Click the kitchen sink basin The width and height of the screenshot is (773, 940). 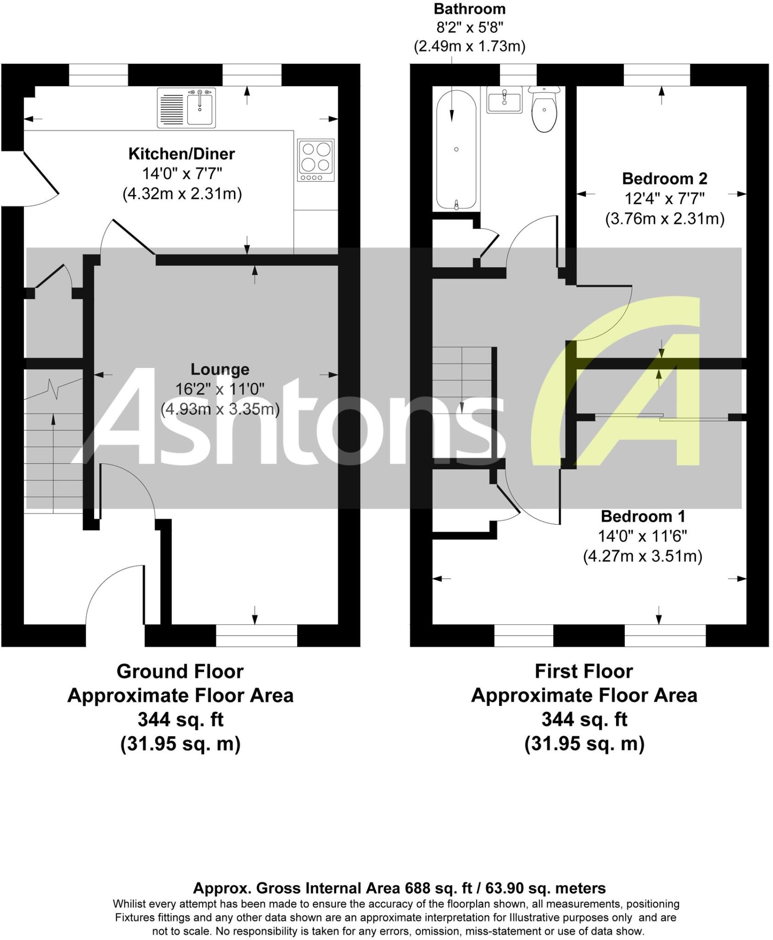coord(200,108)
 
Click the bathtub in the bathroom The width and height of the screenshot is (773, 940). coord(456,149)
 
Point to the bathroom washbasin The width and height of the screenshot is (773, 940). coord(504,100)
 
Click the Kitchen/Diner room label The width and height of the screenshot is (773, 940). coord(182,154)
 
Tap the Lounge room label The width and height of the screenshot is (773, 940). coord(220,369)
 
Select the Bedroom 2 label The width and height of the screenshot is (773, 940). coord(664,178)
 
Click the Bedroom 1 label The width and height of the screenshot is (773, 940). coord(643,516)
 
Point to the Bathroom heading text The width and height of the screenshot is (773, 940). coord(469,9)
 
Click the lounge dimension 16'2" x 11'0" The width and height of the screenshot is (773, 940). coord(220,389)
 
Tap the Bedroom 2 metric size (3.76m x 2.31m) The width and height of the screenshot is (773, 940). coord(664,218)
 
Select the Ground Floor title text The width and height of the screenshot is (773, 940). coord(180,671)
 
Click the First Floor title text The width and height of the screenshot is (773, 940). coord(584,671)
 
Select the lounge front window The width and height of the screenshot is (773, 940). coord(256,635)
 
